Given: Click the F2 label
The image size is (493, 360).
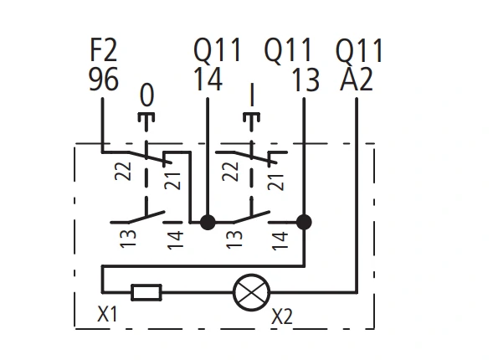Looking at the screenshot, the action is (104, 50).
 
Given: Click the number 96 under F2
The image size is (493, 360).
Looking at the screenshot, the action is (104, 79).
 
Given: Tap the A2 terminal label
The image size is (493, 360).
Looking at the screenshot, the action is (357, 79).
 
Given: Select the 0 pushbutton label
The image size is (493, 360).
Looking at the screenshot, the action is (146, 95).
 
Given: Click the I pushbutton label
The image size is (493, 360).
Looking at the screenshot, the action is (252, 95).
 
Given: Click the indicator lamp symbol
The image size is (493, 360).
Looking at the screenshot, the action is (251, 292).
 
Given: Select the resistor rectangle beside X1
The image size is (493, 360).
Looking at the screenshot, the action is (146, 292).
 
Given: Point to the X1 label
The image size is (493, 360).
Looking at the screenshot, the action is (107, 314).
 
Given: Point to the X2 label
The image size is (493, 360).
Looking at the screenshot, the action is (282, 316).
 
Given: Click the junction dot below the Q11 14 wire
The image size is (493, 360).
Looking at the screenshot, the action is (208, 223).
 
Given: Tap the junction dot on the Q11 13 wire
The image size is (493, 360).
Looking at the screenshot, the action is (304, 223).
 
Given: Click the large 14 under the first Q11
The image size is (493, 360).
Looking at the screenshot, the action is (208, 79).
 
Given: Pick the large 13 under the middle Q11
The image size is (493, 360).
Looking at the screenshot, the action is (306, 80).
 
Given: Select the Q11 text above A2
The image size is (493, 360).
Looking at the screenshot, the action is (359, 50).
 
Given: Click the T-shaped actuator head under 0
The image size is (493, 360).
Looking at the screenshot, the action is (146, 119).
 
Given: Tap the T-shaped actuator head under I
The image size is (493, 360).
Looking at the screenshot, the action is (252, 119).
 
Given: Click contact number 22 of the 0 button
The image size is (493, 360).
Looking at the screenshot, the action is (123, 171).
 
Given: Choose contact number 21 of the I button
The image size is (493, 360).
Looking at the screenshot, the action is (275, 182).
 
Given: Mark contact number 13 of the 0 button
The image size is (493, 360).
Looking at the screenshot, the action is (128, 239).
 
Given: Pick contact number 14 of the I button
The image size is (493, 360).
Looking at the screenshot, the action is (280, 241).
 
